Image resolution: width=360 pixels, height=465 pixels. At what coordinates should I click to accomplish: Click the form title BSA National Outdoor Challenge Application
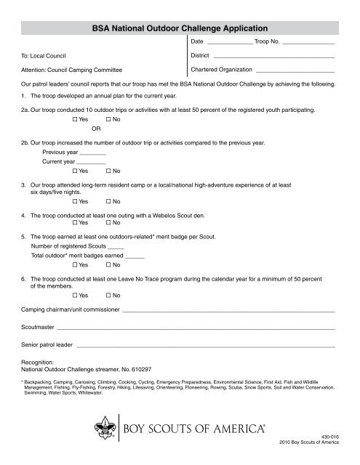point(180,28)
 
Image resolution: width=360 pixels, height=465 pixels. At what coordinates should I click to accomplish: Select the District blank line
point(273,57)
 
